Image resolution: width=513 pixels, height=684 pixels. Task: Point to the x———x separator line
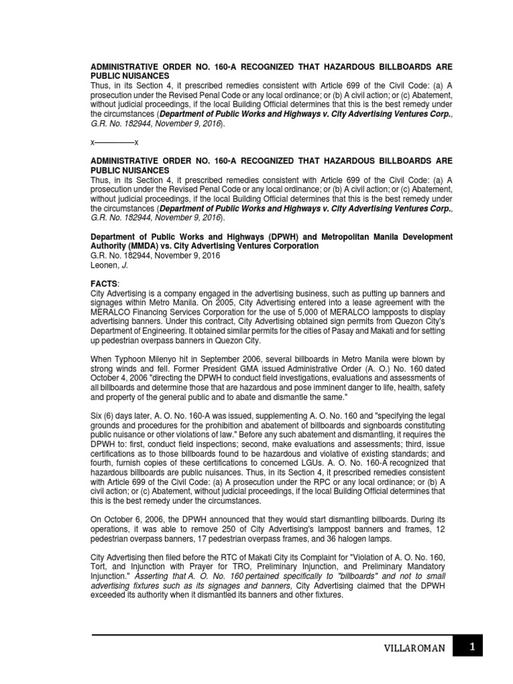point(114,144)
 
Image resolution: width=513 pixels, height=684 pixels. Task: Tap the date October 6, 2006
point(132,518)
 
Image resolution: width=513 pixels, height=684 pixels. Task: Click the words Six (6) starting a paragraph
point(106,415)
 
